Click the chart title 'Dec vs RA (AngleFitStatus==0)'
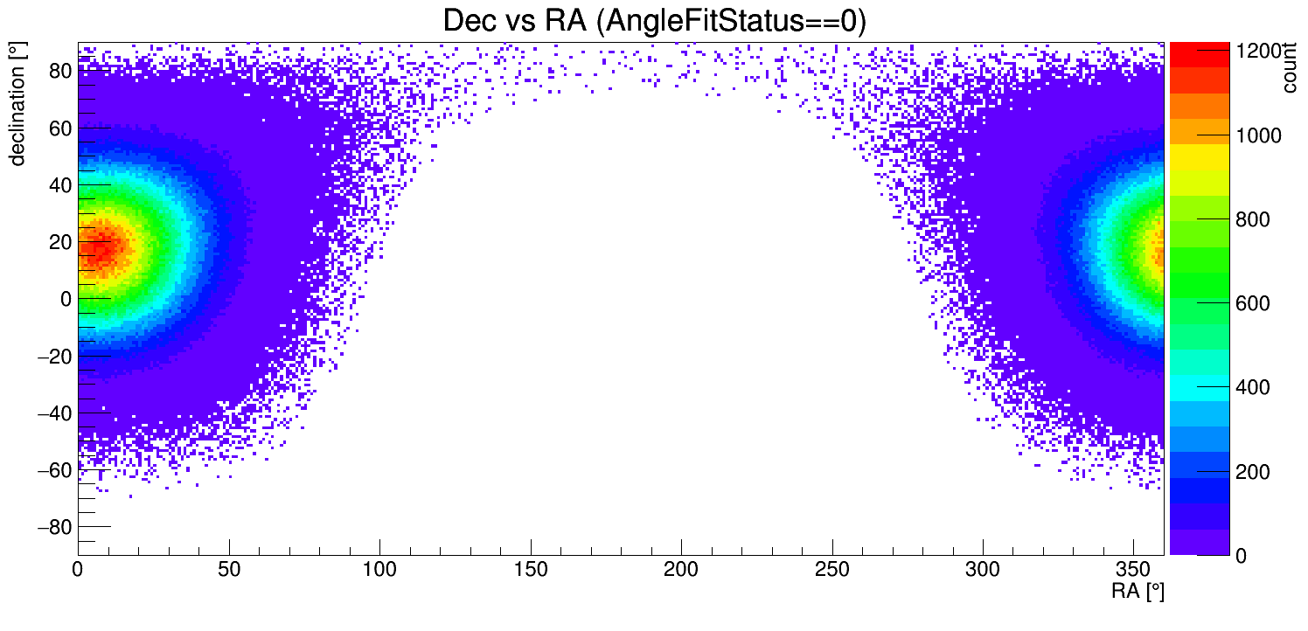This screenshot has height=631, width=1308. click(654, 21)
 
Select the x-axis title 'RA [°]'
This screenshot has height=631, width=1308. click(1138, 592)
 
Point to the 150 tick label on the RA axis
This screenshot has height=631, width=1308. click(531, 571)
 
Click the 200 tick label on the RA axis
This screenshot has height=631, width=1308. click(681, 571)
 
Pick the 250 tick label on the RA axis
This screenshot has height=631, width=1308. click(832, 571)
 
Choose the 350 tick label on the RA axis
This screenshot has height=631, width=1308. click(1134, 571)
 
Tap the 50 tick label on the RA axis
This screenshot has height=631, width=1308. click(228, 571)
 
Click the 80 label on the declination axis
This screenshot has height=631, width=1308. click(59, 72)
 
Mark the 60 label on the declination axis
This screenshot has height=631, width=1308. click(59, 128)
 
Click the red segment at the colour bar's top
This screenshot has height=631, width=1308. click(1200, 52)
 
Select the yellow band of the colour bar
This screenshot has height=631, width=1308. click(1200, 156)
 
